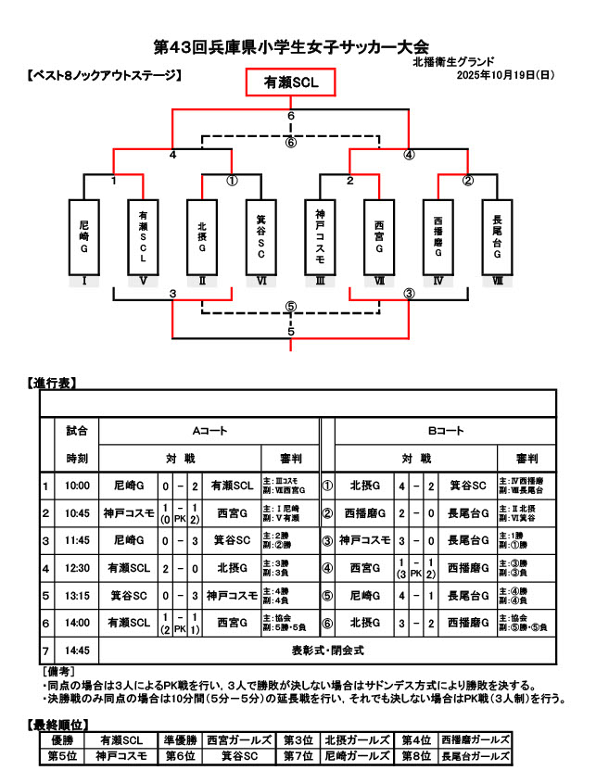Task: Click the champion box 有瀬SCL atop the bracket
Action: coord(291,82)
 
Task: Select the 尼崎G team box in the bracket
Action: coord(83,237)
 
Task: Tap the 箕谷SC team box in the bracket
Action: coord(261,237)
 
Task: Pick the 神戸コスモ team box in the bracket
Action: coord(320,237)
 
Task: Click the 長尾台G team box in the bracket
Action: coord(498,237)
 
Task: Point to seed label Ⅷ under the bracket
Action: coord(498,280)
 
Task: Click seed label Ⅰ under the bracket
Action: coord(83,280)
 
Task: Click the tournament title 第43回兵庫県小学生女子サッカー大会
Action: coord(291,45)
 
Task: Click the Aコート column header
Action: coord(209,431)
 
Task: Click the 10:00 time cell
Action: coord(77,485)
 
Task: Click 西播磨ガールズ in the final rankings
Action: coord(476,740)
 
